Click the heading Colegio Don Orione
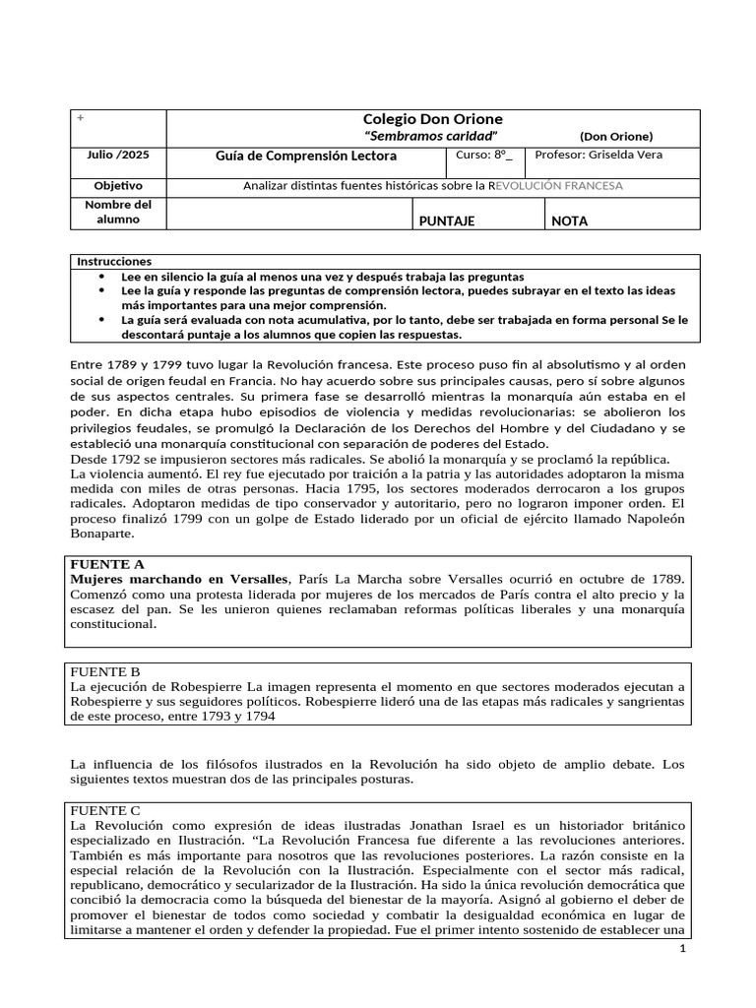pyautogui.click(x=433, y=119)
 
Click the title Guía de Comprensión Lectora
pyautogui.click(x=306, y=156)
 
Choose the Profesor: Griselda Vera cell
pyautogui.click(x=598, y=155)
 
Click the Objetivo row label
pyautogui.click(x=118, y=185)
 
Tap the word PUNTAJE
pyautogui.click(x=447, y=221)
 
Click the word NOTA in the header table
pyautogui.click(x=570, y=221)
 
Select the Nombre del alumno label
pyautogui.click(x=118, y=212)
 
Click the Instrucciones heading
pyautogui.click(x=115, y=262)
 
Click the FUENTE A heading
pyautogui.click(x=107, y=564)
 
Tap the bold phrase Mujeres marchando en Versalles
pyautogui.click(x=179, y=579)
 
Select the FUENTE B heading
pyautogui.click(x=107, y=671)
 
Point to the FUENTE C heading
pyautogui.click(x=107, y=808)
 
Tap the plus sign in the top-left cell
pyautogui.click(x=81, y=118)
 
